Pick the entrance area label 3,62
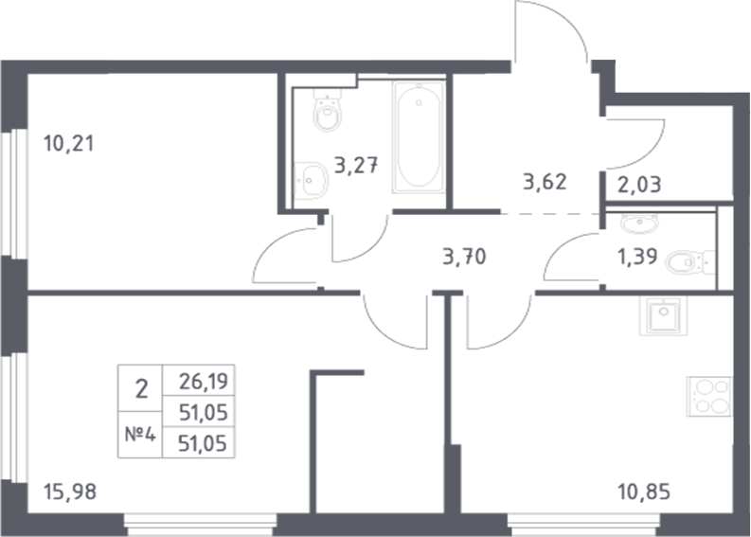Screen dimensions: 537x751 click(x=545, y=182)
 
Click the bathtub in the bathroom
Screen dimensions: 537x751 click(x=419, y=137)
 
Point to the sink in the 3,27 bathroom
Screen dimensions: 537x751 click(x=309, y=179)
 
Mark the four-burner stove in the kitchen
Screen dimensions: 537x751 click(x=709, y=396)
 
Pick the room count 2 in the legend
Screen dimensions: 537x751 click(x=141, y=388)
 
